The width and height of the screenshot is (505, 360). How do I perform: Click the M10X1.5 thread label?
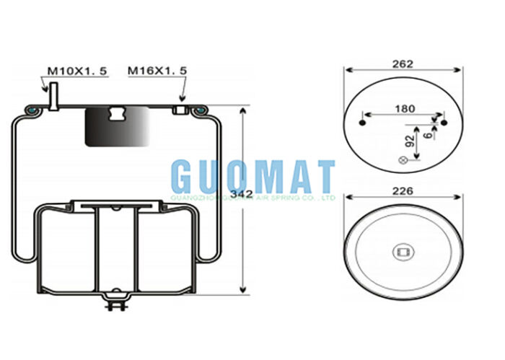pyautogui.click(x=77, y=71)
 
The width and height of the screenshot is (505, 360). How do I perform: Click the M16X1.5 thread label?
pyautogui.click(x=157, y=71)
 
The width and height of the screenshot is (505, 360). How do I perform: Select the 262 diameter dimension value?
pyautogui.click(x=403, y=63)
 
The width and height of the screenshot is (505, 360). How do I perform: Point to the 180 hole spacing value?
pyautogui.click(x=405, y=109)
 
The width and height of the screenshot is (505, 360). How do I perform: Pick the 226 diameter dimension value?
pyautogui.click(x=403, y=191)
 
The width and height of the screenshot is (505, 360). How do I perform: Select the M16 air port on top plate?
pyautogui.click(x=180, y=110)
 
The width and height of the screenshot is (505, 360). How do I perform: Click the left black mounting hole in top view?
pyautogui.click(x=361, y=123)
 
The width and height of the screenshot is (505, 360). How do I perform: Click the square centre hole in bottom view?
pyautogui.click(x=403, y=252)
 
